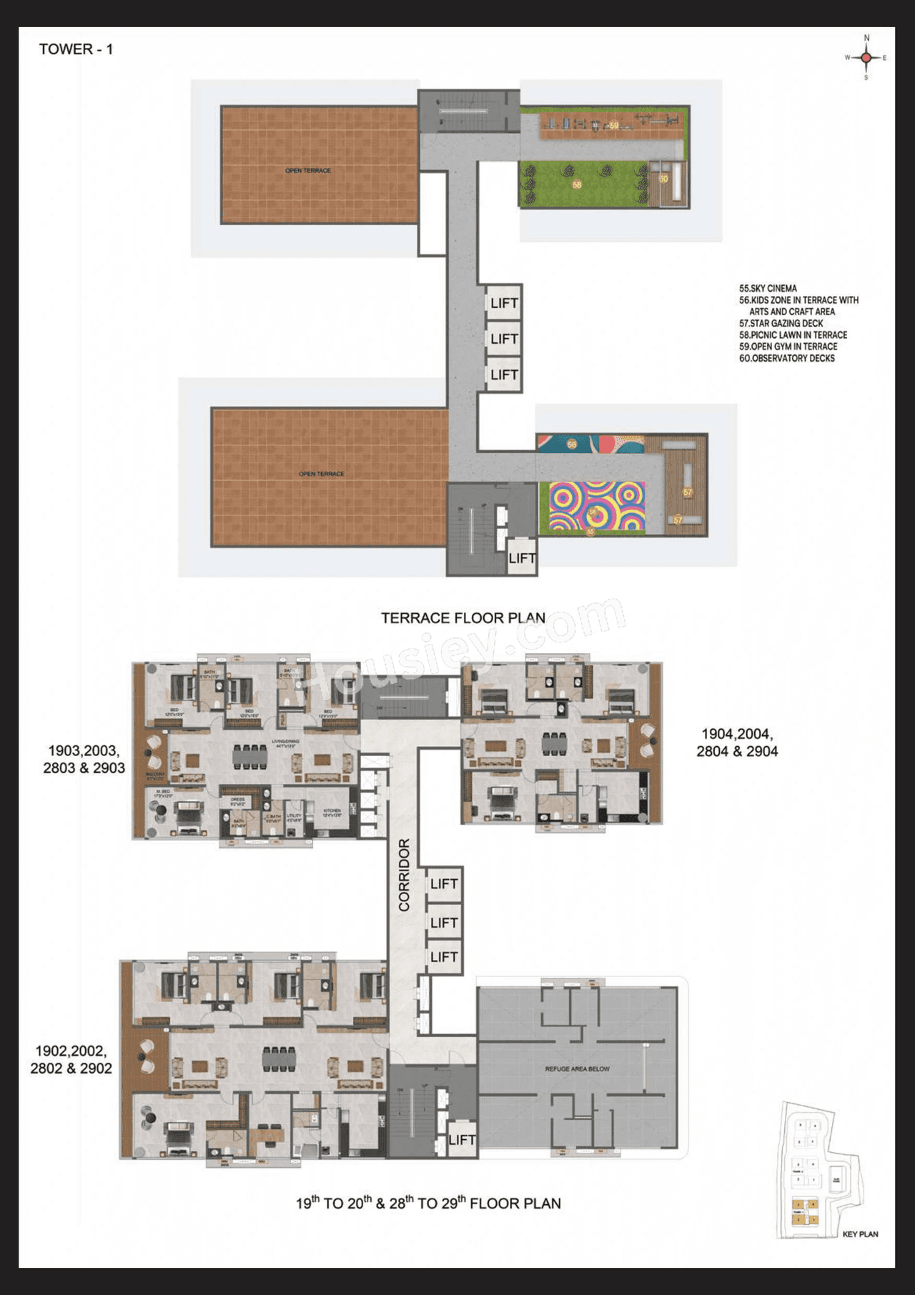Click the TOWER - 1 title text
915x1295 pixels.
click(x=76, y=49)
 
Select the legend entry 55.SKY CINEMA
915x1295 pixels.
click(x=768, y=289)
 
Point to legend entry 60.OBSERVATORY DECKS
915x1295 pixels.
click(x=786, y=358)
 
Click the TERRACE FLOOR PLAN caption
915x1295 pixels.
click(x=463, y=618)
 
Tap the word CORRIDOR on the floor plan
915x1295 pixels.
click(x=404, y=875)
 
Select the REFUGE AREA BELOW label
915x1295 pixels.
click(x=577, y=1069)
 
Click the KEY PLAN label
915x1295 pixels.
click(x=860, y=1234)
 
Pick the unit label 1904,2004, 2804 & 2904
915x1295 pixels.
click(x=737, y=743)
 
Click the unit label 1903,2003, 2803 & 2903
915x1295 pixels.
click(x=84, y=759)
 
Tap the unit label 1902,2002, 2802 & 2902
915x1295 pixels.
click(x=71, y=1060)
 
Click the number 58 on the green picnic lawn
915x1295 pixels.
click(x=577, y=184)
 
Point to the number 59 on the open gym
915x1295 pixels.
click(x=613, y=126)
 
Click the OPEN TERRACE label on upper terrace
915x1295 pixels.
click(x=308, y=171)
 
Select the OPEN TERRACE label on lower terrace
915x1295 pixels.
click(x=321, y=474)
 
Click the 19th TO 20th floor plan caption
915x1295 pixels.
click(x=428, y=1204)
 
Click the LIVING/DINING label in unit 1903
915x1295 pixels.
click(x=285, y=743)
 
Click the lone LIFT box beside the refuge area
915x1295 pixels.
click(x=461, y=1140)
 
